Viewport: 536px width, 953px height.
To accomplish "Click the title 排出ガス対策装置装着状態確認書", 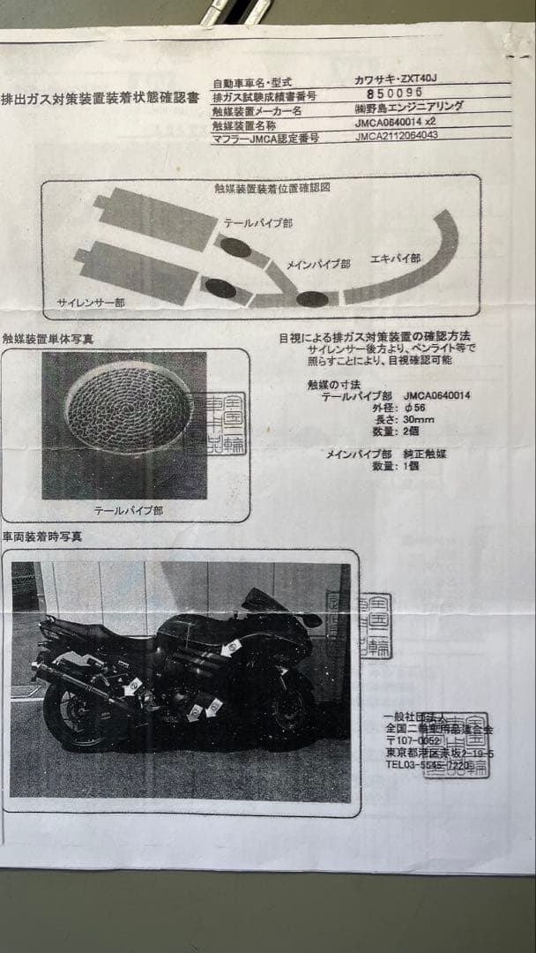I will [x=100, y=98].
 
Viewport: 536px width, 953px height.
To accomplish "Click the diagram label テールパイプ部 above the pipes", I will [x=257, y=223].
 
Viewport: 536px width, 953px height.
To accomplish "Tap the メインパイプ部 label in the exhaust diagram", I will [x=318, y=263].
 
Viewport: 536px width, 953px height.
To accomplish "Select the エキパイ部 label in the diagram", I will [x=396, y=259].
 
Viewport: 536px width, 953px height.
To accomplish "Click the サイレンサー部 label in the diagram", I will [x=91, y=302].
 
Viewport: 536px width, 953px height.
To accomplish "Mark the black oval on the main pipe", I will [x=312, y=298].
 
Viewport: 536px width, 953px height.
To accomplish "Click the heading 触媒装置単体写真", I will [x=48, y=338].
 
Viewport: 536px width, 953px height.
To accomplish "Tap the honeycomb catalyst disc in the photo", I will [x=129, y=409].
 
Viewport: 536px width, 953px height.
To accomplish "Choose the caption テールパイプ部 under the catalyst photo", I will [x=128, y=510].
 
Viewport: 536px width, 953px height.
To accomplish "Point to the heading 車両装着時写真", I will [x=42, y=536].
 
